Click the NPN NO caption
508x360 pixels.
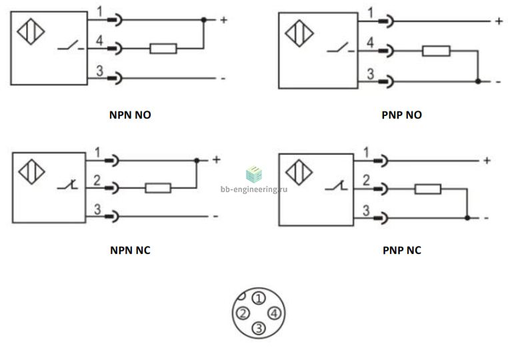(130, 115)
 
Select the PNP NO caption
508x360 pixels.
(402, 115)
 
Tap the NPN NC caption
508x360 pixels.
(130, 250)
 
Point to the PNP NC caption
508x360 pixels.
(402, 250)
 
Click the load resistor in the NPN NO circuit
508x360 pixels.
(163, 49)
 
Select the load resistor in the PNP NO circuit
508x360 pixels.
(436, 51)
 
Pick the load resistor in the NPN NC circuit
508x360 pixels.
(158, 188)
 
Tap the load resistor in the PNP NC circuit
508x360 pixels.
(427, 189)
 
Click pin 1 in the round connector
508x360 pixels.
(259, 299)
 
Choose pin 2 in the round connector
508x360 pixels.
(243, 313)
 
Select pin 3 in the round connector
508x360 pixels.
(259, 328)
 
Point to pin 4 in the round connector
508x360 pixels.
(274, 313)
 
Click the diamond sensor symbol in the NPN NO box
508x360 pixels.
(31, 31)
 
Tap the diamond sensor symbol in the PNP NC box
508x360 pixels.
(299, 172)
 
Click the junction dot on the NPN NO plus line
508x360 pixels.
(204, 20)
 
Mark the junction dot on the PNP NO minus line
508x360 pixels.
(478, 81)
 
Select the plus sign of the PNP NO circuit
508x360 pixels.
(499, 21)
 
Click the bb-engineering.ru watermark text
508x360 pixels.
(254, 189)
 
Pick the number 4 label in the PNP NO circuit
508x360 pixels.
(370, 43)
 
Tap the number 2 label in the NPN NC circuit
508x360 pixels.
(97, 181)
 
